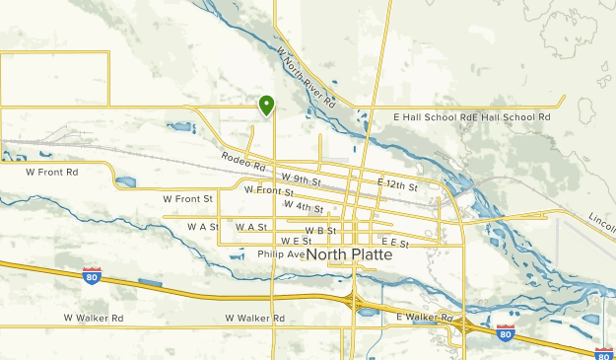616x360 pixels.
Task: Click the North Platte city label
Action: [x=350, y=254]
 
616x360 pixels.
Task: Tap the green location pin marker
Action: [x=266, y=105]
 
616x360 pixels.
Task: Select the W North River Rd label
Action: [x=307, y=78]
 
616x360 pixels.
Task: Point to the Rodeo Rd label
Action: [x=244, y=161]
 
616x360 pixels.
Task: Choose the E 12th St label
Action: [x=397, y=185]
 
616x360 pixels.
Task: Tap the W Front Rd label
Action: [x=51, y=172]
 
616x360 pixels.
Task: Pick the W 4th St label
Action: [x=303, y=207]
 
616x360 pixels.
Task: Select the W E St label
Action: [x=296, y=241]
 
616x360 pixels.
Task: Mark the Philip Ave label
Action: [x=282, y=253]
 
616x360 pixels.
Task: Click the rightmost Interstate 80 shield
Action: [x=604, y=352]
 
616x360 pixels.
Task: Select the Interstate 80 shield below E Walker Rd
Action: [x=505, y=333]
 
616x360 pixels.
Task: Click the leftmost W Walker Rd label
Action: [x=94, y=318]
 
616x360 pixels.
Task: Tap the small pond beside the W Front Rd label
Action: [x=126, y=181]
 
